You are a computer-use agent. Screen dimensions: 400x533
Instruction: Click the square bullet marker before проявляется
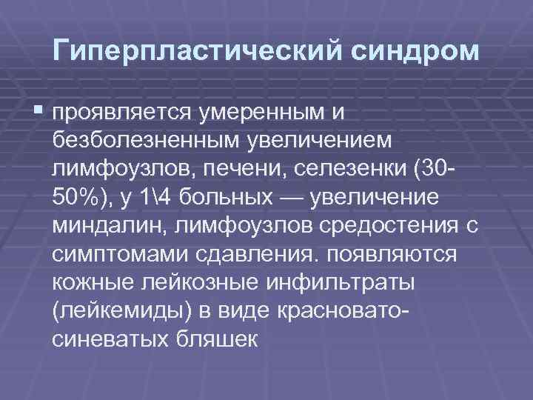[38, 111]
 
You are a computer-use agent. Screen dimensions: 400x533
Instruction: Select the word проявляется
[122, 113]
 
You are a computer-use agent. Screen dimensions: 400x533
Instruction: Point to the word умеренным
[262, 113]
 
